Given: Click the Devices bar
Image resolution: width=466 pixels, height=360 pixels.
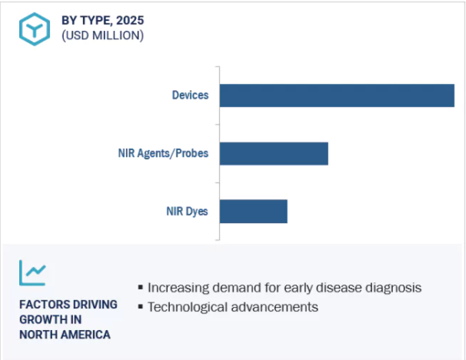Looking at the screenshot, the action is click(x=337, y=95).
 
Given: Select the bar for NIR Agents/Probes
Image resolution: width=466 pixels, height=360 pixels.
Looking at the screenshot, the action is click(x=274, y=153).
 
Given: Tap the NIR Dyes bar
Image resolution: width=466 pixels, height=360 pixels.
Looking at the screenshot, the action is click(x=254, y=212).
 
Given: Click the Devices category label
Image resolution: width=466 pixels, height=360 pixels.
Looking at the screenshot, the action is click(x=190, y=95).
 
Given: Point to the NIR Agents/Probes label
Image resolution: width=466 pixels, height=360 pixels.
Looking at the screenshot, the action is click(x=163, y=153).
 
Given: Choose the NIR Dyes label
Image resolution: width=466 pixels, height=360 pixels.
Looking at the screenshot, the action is click(x=187, y=212).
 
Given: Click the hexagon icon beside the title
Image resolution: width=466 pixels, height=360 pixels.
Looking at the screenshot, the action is click(x=35, y=29).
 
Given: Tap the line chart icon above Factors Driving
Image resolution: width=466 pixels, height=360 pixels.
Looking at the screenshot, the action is click(x=33, y=272).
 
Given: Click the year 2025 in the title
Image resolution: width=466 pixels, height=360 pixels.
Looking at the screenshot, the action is click(x=130, y=21).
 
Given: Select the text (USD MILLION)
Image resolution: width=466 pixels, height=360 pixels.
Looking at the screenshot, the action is click(x=102, y=35).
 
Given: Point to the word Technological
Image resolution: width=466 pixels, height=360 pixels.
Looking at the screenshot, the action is click(x=188, y=307).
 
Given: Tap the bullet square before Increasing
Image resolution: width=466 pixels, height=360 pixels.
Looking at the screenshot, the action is click(x=141, y=287).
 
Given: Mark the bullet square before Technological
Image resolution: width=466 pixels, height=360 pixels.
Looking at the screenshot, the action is click(x=141, y=306).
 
